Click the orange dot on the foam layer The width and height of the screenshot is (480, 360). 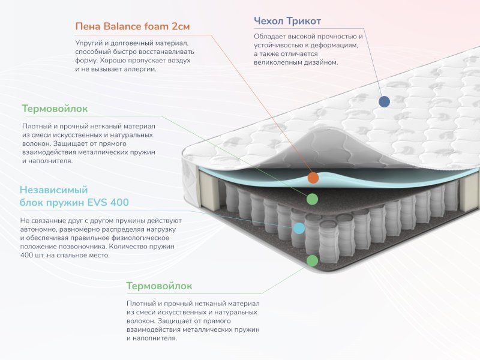click(313, 178)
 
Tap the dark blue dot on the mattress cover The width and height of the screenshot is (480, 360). click(384, 101)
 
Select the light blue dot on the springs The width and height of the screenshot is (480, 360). click(299, 228)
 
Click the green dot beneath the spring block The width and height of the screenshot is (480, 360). click(312, 260)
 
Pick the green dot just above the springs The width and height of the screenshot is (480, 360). click(312, 199)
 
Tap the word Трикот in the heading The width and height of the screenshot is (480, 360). click(304, 21)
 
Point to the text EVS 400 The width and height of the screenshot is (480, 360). click(108, 202)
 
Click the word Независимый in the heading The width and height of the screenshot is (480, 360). click(54, 190)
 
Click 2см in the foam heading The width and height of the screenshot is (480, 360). click(181, 26)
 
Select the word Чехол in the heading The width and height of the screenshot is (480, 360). click(269, 21)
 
